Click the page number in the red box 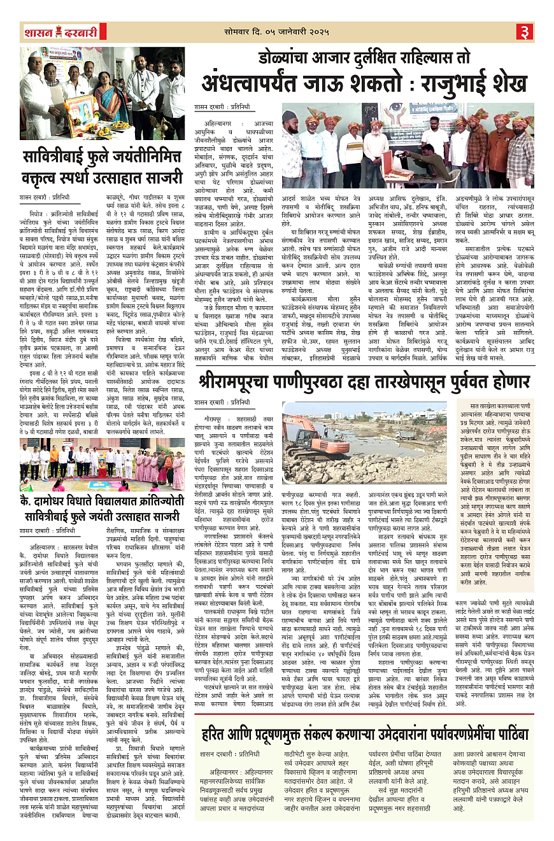point(524,31)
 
